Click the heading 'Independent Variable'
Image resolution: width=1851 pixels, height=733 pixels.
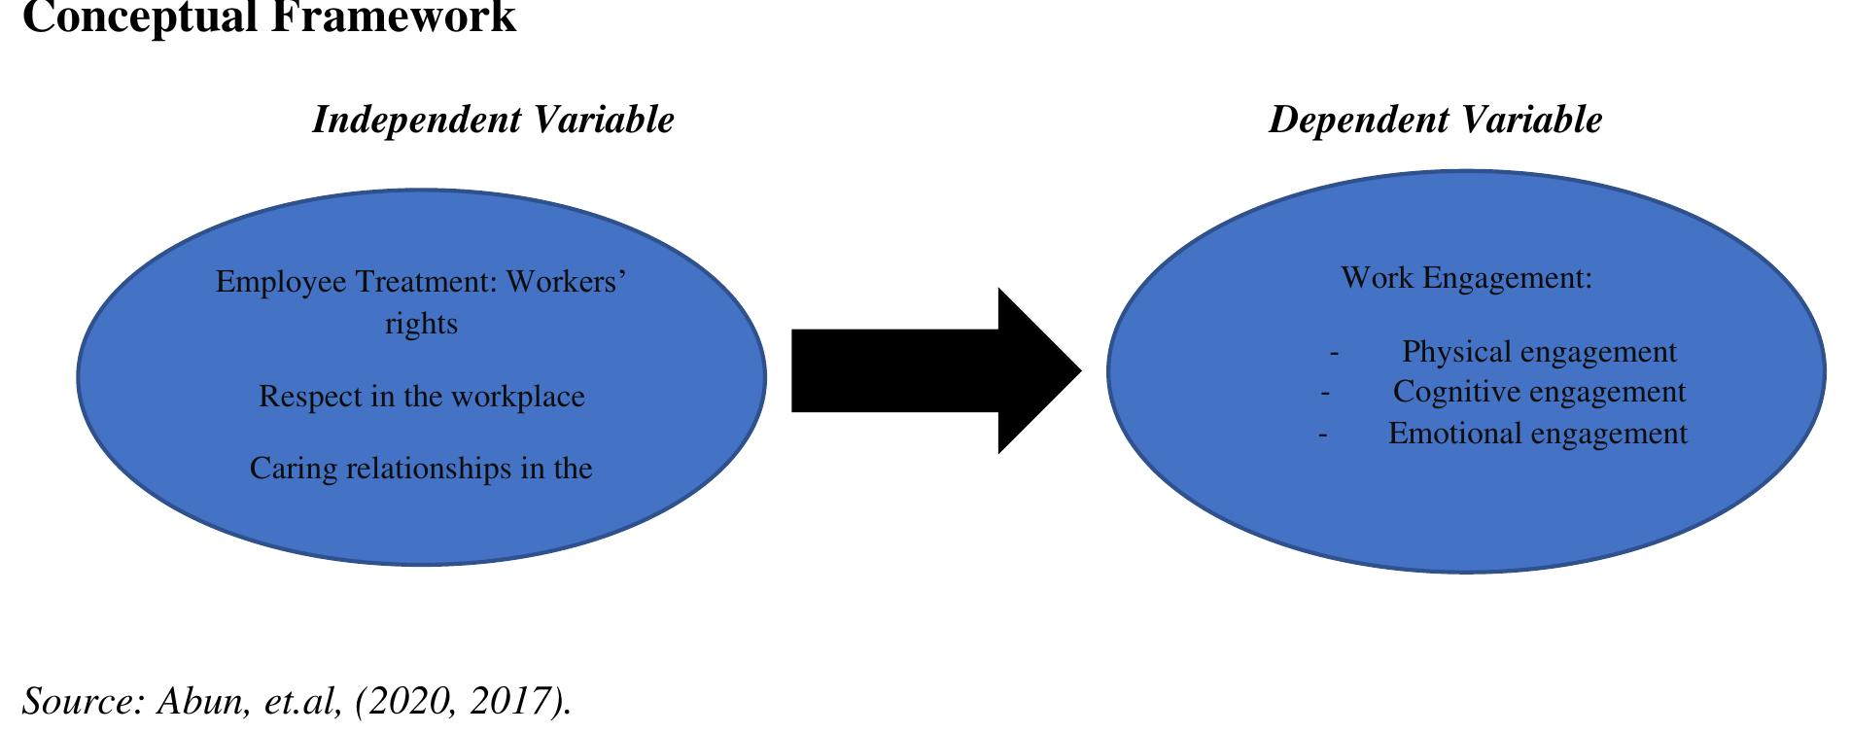coord(493,120)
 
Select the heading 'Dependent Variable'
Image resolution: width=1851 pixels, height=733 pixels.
coord(1435,120)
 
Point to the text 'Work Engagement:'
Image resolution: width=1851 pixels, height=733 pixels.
coord(1466,278)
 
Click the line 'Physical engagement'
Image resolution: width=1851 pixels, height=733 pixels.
coord(1538,351)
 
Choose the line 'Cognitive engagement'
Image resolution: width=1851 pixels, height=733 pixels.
coord(1539,392)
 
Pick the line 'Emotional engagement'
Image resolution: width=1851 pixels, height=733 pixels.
coord(1537,433)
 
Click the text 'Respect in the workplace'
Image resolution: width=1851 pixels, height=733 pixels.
coord(421,397)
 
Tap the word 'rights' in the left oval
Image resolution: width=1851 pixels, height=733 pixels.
coord(421,324)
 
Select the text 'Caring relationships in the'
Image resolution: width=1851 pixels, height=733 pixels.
coord(421,469)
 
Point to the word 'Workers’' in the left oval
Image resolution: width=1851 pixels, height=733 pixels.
coord(566,282)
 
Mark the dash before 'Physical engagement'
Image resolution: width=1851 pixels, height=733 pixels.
coord(1334,353)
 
